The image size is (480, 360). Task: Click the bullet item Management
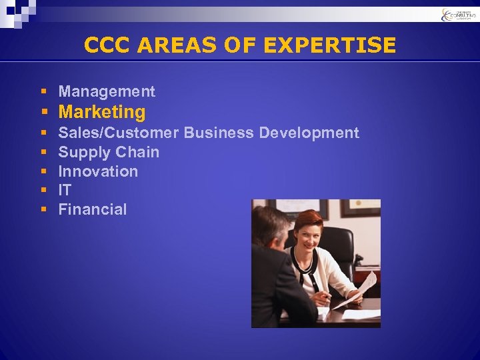click(107, 91)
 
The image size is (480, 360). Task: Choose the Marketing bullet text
click(102, 112)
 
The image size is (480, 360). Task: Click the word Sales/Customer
click(119, 133)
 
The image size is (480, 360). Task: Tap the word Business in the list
click(219, 133)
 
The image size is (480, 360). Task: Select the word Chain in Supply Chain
click(137, 152)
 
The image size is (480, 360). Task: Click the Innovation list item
click(98, 171)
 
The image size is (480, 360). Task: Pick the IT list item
click(65, 190)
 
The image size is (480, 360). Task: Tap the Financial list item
click(93, 209)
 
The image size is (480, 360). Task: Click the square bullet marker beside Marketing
click(43, 112)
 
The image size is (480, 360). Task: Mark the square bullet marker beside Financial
click(43, 209)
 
